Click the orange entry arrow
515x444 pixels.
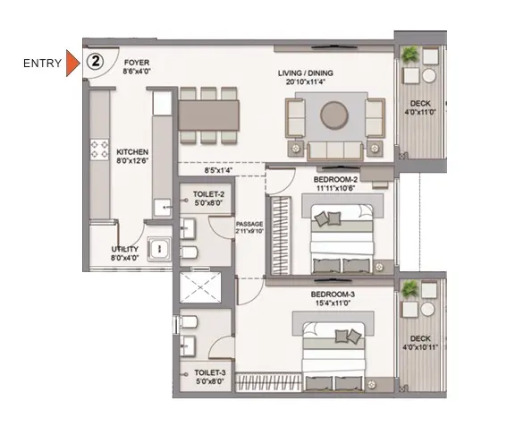(72, 64)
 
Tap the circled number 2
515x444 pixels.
(96, 62)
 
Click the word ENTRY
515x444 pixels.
(42, 64)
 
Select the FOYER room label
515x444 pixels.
(137, 63)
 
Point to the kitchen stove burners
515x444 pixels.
(99, 149)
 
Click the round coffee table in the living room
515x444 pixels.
(334, 115)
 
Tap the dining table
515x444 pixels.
(208, 115)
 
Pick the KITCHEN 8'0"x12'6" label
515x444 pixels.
(132, 157)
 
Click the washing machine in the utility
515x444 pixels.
(159, 249)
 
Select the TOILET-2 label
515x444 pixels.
(208, 194)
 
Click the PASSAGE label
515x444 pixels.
(249, 224)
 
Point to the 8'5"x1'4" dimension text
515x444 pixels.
(218, 170)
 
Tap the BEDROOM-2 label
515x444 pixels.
(335, 180)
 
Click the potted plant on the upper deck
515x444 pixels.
(409, 54)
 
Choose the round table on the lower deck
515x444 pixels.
(427, 310)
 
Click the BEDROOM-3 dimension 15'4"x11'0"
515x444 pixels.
(333, 303)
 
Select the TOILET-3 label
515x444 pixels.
(210, 372)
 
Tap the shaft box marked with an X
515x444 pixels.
(200, 287)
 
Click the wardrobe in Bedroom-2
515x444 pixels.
(280, 235)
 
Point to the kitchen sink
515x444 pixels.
(162, 207)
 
